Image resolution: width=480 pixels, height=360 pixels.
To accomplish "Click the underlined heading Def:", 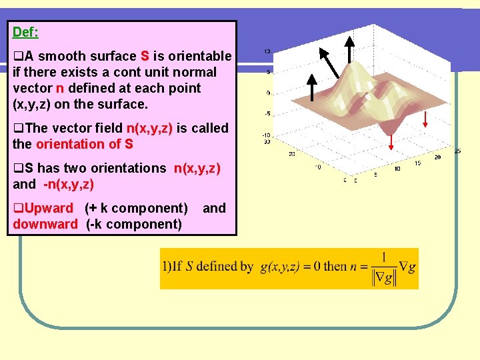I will point(25,31).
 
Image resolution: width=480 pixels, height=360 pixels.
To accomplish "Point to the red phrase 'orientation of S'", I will point(85,144).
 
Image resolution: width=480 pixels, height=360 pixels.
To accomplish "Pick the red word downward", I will point(45,224).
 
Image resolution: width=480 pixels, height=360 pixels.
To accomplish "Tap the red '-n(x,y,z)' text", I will point(67,184).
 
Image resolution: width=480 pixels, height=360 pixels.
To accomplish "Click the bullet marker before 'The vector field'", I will point(18,128).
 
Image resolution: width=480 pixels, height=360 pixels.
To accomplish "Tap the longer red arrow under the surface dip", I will point(391,137).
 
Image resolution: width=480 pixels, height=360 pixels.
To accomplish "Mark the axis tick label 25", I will point(457,151).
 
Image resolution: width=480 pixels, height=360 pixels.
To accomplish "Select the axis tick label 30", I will point(267,141).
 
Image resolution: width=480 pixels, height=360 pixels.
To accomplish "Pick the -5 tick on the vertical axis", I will point(267,113).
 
